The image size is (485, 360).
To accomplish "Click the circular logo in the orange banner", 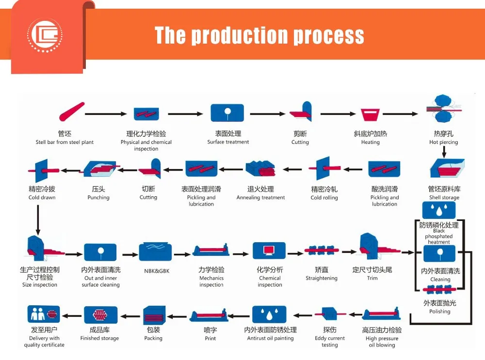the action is click(45, 34).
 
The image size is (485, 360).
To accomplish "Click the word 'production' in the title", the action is click(240, 35).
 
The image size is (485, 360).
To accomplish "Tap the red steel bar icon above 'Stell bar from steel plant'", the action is click(72, 111).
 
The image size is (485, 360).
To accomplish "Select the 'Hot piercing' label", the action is click(444, 142).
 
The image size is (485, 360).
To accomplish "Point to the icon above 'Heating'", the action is click(370, 115).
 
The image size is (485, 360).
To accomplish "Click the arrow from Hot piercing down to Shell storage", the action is click(444, 152).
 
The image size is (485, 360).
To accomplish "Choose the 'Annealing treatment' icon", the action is click(260, 169).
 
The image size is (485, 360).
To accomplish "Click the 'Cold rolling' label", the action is click(324, 198).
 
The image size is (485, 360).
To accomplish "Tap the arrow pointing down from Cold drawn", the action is click(38, 219).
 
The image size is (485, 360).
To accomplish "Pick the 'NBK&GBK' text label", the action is click(157, 271).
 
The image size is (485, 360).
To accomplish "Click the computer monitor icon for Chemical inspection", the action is click(269, 250).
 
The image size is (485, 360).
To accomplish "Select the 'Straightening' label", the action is click(322, 278).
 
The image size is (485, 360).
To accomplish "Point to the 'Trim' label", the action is click(372, 278).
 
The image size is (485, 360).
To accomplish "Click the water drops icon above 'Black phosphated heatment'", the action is click(439, 210).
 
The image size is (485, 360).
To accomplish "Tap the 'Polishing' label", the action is click(440, 312).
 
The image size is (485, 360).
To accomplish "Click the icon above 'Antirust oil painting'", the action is click(269, 314).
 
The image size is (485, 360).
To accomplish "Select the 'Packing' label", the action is click(153, 338).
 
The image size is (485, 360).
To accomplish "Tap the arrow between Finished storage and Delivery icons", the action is click(72, 316).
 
